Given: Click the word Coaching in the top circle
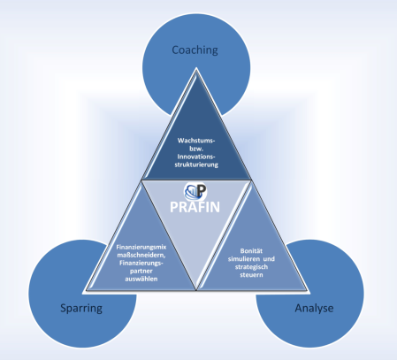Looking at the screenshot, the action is click(x=195, y=50).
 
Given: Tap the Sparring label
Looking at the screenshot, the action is click(x=81, y=309).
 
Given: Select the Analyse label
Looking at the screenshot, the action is click(x=314, y=309).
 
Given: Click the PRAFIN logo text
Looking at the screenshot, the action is click(x=195, y=207).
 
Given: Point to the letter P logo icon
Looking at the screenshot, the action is click(x=195, y=191).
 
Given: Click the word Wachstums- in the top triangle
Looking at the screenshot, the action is click(x=196, y=141).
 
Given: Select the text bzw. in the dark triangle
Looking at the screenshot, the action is click(x=196, y=149).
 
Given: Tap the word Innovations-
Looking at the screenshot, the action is click(x=196, y=157).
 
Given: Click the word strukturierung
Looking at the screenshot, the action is click(x=196, y=165).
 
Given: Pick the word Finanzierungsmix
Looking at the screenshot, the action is click(x=141, y=247).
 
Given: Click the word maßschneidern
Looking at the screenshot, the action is click(x=141, y=255).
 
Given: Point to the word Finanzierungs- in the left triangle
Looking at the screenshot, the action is click(x=141, y=263).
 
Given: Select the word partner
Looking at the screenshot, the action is click(x=141, y=271).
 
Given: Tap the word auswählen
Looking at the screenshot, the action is click(x=141, y=279).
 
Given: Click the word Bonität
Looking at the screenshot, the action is click(x=251, y=251).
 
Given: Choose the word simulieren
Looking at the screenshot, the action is click(x=243, y=259).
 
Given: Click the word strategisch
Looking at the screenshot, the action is click(x=251, y=267).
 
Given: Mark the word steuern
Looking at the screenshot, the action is click(x=251, y=275).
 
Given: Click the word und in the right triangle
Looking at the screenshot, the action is click(x=269, y=259).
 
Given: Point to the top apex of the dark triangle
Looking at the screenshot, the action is click(x=196, y=70).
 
